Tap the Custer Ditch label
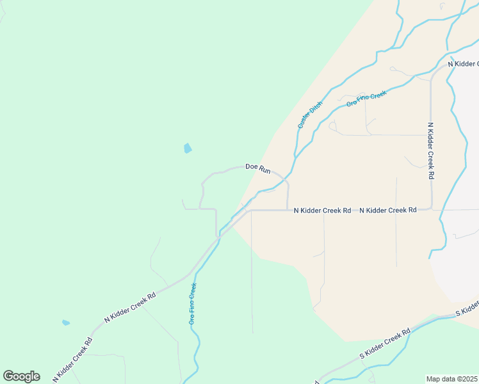click(x=310, y=115)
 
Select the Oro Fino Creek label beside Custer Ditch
click(x=367, y=99)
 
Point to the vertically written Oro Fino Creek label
click(x=192, y=304)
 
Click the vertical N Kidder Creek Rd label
click(x=431, y=150)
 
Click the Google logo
click(x=21, y=376)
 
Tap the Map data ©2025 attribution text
click(x=451, y=379)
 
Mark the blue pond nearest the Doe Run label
click(x=188, y=148)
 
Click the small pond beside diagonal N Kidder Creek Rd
click(x=65, y=323)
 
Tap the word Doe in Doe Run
click(x=252, y=166)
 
